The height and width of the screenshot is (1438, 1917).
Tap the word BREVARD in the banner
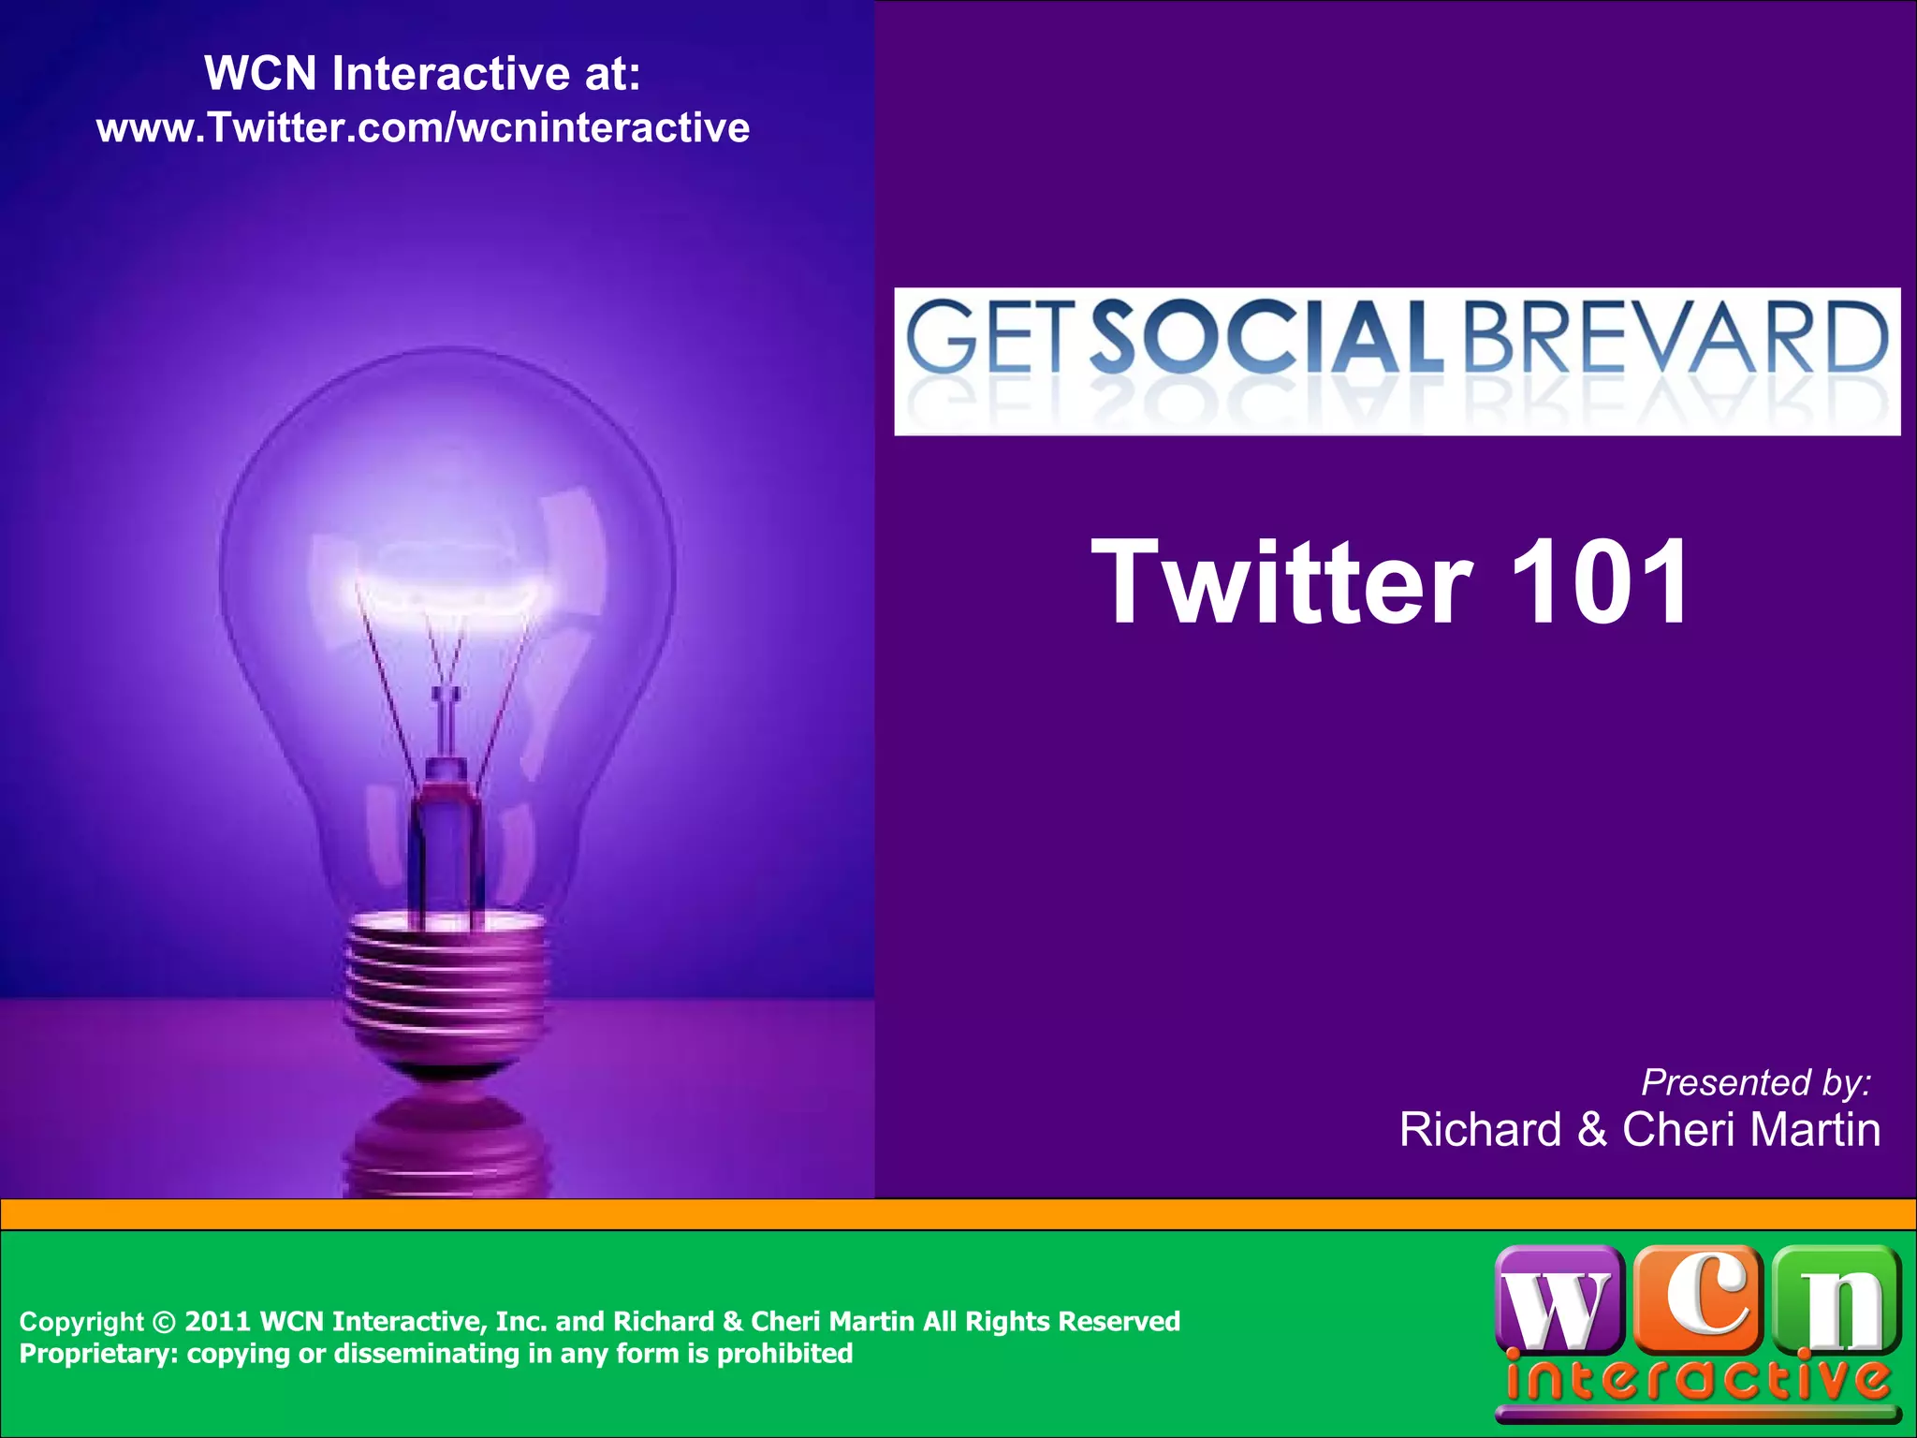point(1676,337)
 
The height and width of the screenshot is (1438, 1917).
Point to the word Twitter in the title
point(1282,582)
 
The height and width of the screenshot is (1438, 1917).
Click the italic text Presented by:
point(1756,1082)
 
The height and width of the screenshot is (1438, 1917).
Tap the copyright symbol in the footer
point(163,1322)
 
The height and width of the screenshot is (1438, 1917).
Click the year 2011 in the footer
point(218,1322)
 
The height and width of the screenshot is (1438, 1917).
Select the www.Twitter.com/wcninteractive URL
point(423,127)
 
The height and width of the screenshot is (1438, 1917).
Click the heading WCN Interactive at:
point(423,73)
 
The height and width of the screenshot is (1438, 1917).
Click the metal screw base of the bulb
point(446,983)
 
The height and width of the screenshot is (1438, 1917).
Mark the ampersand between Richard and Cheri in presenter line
point(1592,1130)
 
